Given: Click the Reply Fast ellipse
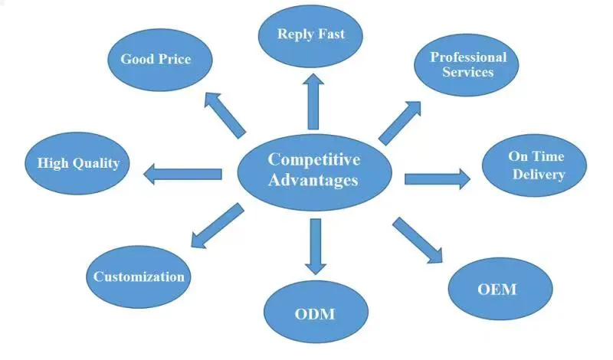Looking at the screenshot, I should [x=310, y=34].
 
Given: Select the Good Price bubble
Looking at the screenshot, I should [x=156, y=59].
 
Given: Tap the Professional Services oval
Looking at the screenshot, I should [x=467, y=65].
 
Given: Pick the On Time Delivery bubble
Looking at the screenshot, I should [x=536, y=165].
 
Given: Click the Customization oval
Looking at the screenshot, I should [x=139, y=277].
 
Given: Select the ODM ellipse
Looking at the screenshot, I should [x=315, y=314].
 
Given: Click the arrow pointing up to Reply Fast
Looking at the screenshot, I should [x=313, y=100].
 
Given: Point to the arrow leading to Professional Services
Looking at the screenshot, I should [x=400, y=121].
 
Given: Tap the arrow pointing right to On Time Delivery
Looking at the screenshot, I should [x=437, y=179].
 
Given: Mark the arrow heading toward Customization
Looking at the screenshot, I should [x=216, y=225].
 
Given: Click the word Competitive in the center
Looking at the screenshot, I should [x=313, y=159].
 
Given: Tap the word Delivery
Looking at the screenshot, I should [x=536, y=175].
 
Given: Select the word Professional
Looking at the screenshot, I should [x=468, y=57].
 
